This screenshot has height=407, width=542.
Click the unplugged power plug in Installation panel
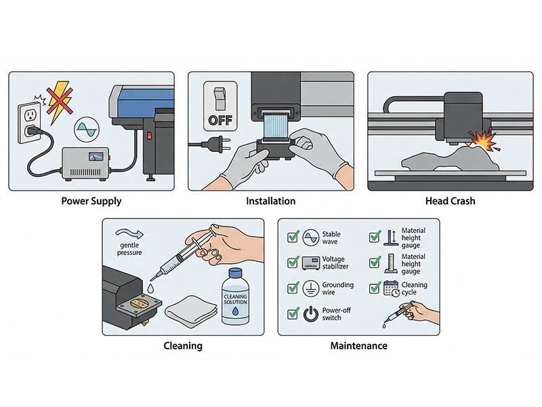click(x=207, y=144)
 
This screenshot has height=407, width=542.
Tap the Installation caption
click(x=271, y=201)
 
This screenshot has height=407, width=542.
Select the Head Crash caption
click(x=450, y=201)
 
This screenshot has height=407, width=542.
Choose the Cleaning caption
click(x=183, y=346)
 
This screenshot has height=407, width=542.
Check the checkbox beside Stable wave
click(x=293, y=237)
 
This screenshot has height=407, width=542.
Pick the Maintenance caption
click(x=358, y=346)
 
